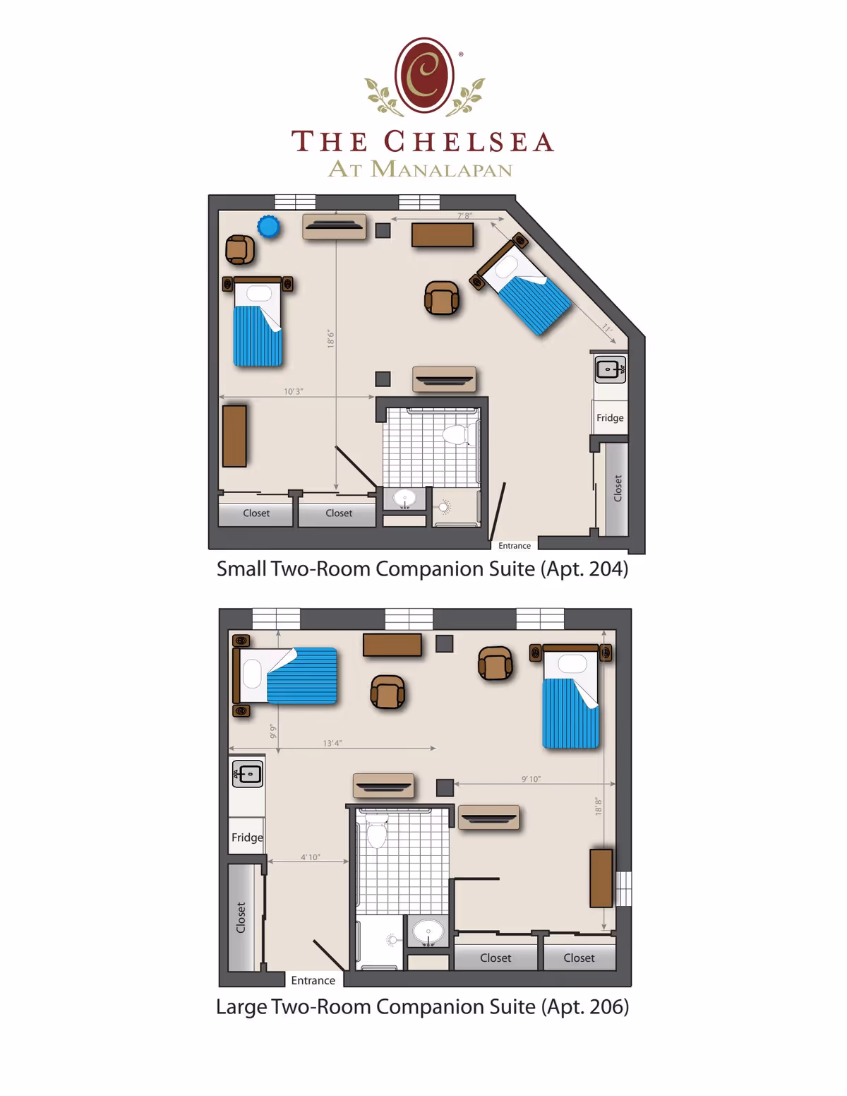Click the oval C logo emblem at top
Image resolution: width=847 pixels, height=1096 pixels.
coord(424,76)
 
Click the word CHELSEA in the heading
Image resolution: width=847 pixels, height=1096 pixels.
coord(469,141)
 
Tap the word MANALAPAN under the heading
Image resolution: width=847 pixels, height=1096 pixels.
coord(441,169)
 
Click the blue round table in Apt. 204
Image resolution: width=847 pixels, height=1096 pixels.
coord(268,227)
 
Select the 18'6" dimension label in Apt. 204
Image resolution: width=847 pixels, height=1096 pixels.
coord(330,338)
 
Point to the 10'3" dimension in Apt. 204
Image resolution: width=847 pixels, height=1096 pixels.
coord(294,391)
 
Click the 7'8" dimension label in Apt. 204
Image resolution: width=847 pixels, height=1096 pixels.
coord(464,216)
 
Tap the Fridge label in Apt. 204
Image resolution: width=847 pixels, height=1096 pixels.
coord(610,417)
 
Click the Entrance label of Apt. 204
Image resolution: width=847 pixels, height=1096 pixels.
coord(515,546)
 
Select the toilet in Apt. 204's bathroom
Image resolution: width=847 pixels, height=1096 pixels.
coord(455,434)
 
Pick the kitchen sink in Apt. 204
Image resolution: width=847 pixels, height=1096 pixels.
coord(611,369)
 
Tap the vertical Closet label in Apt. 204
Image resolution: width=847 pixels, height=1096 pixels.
coord(618,488)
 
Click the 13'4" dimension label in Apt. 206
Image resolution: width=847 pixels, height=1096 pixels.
coord(332,743)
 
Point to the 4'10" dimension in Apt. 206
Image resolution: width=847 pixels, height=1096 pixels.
coord(311,857)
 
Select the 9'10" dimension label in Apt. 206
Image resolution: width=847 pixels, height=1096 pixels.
coord(531,779)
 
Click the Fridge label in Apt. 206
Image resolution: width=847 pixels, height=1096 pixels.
coord(247,838)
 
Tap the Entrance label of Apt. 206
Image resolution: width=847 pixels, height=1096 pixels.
coord(313,980)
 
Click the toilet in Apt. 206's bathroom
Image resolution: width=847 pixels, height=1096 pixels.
coord(377,833)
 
